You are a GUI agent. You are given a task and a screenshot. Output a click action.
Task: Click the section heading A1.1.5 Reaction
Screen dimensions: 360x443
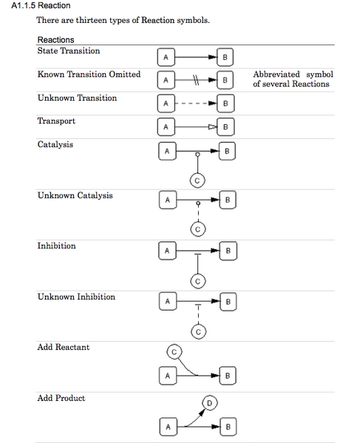click(41, 6)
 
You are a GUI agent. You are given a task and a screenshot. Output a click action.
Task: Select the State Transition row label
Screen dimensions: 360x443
click(69, 51)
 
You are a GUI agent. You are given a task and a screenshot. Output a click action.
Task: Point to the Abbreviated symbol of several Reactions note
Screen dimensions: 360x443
click(293, 79)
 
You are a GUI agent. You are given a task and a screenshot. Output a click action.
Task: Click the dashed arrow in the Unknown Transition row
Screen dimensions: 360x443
click(195, 103)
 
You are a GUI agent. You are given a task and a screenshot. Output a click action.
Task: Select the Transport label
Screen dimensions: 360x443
click(56, 121)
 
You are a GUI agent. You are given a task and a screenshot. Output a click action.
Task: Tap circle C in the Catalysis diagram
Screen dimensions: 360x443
click(197, 179)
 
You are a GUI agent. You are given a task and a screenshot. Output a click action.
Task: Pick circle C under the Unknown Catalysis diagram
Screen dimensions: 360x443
click(197, 229)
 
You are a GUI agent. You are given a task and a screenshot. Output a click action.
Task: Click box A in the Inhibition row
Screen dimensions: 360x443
click(167, 251)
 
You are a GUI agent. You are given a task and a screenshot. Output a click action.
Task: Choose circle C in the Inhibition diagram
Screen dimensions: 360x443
click(197, 280)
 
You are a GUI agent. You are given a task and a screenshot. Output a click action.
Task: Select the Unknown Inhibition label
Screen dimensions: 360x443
click(76, 297)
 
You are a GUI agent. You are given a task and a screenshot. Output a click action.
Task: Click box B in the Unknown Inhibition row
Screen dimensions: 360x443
click(228, 302)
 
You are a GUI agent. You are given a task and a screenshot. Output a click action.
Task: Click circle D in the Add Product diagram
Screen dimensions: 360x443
click(209, 404)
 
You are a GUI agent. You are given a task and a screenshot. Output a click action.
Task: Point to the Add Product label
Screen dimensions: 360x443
click(61, 399)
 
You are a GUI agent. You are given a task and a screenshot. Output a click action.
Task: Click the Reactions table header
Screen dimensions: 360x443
click(55, 39)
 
